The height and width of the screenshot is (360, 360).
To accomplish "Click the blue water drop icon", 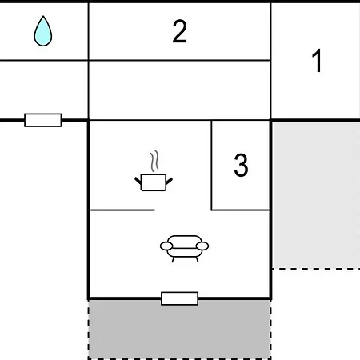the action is [43, 31].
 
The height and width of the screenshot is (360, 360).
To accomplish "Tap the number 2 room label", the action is [180, 31].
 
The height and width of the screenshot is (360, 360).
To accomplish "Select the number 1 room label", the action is [318, 61].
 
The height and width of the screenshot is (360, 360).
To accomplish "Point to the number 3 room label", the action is [241, 165].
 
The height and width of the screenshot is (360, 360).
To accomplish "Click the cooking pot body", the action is [154, 182].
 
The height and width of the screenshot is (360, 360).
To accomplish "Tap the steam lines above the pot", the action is [154, 161].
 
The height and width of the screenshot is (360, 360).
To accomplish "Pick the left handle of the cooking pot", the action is [138, 181].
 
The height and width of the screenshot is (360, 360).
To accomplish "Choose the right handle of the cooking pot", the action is [170, 181].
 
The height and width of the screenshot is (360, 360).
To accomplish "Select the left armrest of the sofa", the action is [166, 246].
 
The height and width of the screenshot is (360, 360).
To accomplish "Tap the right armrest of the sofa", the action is [202, 246].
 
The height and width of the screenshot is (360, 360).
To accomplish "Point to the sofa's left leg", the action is [173, 259].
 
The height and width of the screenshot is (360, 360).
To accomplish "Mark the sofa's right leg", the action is [197, 259].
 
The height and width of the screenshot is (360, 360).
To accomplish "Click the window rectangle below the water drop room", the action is [43, 120].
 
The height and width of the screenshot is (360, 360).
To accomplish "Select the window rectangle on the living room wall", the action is [180, 298].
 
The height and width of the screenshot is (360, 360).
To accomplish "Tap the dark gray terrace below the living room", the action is [180, 330].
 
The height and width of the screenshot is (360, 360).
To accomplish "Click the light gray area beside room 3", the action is [316, 194].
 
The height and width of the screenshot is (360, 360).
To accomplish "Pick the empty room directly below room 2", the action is [179, 90].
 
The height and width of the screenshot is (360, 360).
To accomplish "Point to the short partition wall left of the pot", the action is [122, 210].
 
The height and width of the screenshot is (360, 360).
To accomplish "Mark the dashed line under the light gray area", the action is [316, 269].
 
